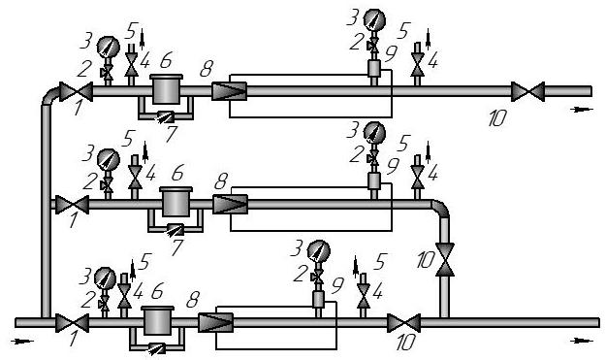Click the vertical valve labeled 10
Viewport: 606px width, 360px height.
tap(445, 259)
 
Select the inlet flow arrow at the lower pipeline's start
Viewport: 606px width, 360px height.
tap(22, 341)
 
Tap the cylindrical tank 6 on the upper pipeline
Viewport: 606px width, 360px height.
tap(166, 89)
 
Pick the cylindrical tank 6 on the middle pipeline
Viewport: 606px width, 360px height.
tap(175, 202)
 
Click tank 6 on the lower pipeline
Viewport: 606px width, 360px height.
tap(158, 320)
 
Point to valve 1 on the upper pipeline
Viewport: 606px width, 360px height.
tap(76, 91)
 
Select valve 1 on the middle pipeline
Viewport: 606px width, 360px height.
tap(73, 205)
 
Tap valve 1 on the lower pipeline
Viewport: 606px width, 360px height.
tap(73, 323)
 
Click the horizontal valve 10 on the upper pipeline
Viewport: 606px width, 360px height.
tap(527, 91)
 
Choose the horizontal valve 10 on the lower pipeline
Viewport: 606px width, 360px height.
tap(404, 323)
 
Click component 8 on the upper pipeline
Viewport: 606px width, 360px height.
tap(229, 91)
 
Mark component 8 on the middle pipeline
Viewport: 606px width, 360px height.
tap(231, 205)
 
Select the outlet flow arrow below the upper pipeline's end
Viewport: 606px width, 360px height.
tap(582, 110)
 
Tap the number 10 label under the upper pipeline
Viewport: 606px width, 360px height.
tap(496, 118)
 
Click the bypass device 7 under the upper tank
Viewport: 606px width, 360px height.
tap(166, 116)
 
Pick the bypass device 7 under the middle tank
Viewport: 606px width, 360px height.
tap(175, 230)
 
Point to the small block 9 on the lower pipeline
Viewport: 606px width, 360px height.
tap(318, 300)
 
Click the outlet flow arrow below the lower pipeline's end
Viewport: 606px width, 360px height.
tap(582, 341)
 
